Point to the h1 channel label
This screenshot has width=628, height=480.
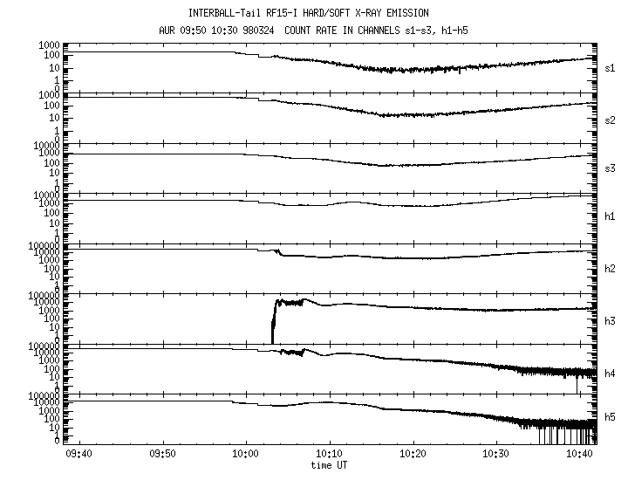pos(610,216)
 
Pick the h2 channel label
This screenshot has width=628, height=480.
pos(610,269)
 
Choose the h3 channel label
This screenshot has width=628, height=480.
pos(610,321)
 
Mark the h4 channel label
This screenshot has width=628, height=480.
pos(610,374)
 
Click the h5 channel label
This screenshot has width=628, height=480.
pos(610,417)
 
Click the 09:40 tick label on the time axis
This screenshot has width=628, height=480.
pos(79,454)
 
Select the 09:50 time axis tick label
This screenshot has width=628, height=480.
pos(162,454)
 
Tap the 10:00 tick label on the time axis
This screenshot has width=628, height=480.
pos(246,454)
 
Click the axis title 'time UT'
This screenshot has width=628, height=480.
pos(329,465)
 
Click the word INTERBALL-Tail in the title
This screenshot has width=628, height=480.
pos(223,13)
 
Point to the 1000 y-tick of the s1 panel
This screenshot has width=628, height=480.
pos(49,45)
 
